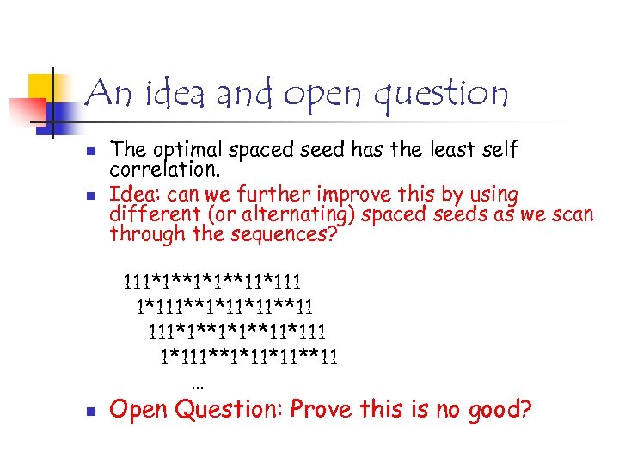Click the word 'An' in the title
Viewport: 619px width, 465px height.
[x=107, y=93]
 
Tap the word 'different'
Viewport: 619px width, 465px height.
[x=148, y=214]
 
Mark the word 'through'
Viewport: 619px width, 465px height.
[x=143, y=234]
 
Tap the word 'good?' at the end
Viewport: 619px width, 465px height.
[x=500, y=410]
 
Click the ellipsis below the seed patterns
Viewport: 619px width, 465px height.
[x=198, y=386]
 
